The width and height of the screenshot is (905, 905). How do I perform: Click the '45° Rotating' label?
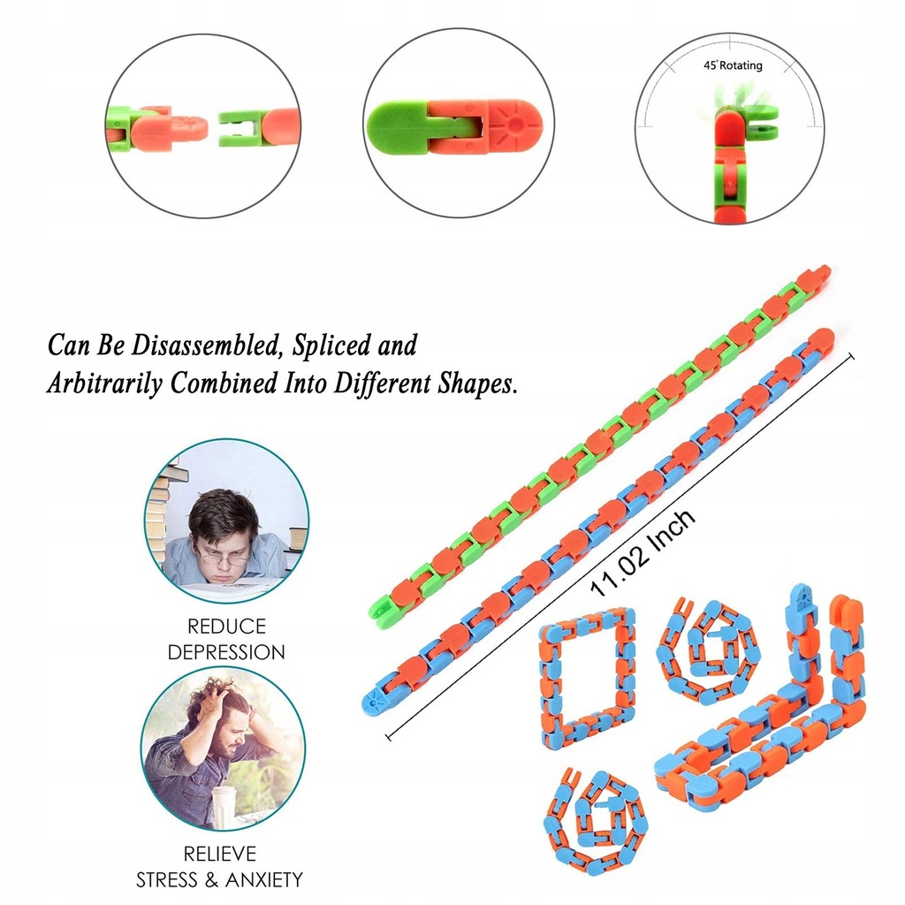pos(733,65)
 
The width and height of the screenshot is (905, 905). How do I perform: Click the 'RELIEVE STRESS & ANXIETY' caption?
pos(219,867)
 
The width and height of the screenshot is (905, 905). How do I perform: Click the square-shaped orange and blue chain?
pos(588,677)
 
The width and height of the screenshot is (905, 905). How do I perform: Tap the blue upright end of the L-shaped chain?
pos(802,610)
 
